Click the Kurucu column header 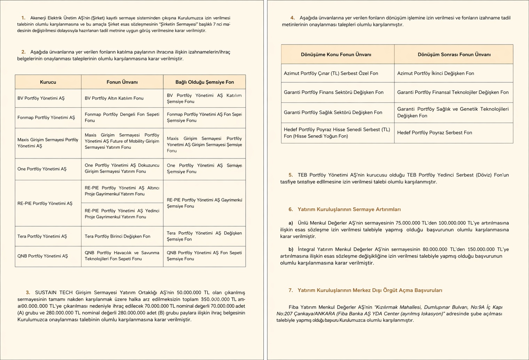[x=48, y=82]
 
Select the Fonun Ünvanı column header [x=122, y=82]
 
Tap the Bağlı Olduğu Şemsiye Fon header [x=205, y=82]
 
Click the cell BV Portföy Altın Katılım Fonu [x=114, y=98]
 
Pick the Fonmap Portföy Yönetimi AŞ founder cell [x=46, y=118]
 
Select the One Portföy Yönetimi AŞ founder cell [x=42, y=169]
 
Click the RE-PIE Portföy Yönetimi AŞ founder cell [x=45, y=203]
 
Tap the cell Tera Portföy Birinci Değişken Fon [x=118, y=236]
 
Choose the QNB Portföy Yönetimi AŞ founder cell [x=43, y=256]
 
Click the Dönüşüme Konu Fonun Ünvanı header [x=336, y=55]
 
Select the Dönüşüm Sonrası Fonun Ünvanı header [x=454, y=55]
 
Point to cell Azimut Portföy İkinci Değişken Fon [x=436, y=73]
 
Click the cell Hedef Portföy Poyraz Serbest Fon [x=435, y=133]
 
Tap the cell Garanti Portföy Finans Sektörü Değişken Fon [x=334, y=92]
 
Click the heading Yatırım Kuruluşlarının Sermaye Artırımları [x=349, y=210]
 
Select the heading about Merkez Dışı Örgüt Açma [x=370, y=290]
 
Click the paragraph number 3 [x=28, y=293]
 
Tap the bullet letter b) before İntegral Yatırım [x=291, y=249]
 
